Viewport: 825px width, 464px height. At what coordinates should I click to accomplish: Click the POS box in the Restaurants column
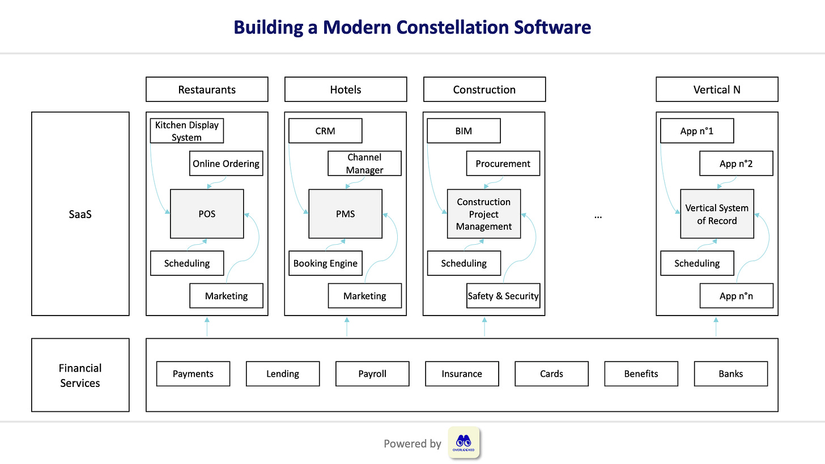point(207,214)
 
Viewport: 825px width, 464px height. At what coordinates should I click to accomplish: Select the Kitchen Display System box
point(187,131)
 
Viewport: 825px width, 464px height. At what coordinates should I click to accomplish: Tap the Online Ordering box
point(226,164)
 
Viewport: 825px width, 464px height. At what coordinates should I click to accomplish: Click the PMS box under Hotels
point(345,214)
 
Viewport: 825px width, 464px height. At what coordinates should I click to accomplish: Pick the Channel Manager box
point(365,164)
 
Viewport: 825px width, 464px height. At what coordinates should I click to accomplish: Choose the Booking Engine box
point(325,263)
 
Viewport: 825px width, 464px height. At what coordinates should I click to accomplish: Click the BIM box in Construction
point(463,131)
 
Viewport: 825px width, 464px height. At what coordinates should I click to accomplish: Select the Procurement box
point(503,164)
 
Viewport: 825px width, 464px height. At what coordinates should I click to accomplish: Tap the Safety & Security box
point(503,296)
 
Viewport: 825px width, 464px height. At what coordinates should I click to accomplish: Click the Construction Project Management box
point(484,214)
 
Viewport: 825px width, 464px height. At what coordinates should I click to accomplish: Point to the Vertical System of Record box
point(717,214)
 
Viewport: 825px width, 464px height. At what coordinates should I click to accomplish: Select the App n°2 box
point(736,164)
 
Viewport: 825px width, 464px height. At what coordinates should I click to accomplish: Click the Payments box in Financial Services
point(193,374)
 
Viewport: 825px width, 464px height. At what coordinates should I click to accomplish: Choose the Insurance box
point(462,374)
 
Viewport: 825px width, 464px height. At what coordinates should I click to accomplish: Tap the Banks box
point(730,374)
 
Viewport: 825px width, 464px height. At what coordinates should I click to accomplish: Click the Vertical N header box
point(717,90)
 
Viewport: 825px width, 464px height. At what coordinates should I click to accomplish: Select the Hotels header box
point(345,90)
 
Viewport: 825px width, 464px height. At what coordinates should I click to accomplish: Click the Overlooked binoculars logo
point(463,442)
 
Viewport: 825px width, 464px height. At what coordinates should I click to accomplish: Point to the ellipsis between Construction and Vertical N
point(598,216)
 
